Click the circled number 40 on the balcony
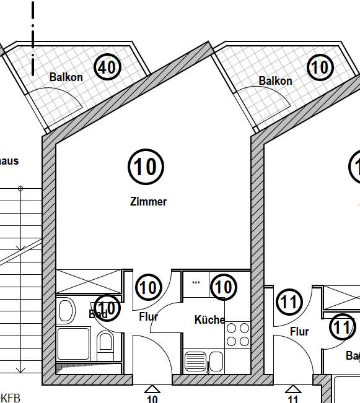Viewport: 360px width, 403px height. tap(107, 67)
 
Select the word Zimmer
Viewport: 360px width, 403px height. tap(148, 201)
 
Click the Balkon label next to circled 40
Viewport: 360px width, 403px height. tap(66, 77)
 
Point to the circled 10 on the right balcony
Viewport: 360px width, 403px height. tap(320, 67)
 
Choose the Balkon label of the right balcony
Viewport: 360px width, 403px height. tap(275, 81)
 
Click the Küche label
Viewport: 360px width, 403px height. tap(209, 320)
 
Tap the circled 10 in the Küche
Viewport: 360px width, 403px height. tap(224, 287)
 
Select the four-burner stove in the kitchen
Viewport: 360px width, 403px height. tap(238, 334)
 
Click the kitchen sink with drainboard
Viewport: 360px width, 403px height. tap(203, 360)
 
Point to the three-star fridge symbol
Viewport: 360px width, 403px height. tap(196, 284)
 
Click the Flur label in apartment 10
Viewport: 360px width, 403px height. tap(149, 317)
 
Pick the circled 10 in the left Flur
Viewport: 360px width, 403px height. tap(148, 287)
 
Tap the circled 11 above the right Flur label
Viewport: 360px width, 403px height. tap(289, 303)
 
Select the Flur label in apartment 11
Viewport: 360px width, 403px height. tap(299, 332)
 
